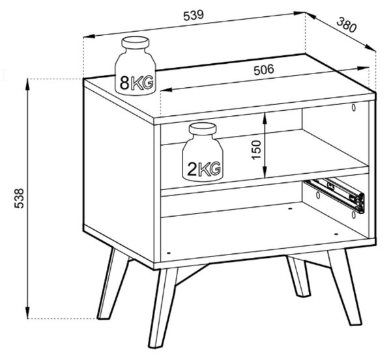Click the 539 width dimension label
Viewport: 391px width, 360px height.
point(194,15)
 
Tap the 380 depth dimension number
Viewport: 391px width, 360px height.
point(347,25)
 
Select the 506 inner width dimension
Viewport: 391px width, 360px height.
point(263,70)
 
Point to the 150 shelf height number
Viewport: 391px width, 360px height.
point(257,150)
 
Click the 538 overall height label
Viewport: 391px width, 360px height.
point(19,199)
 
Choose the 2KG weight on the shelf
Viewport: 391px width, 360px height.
point(203,152)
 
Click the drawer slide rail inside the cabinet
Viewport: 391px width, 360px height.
point(335,195)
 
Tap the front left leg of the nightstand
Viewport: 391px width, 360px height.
point(162,307)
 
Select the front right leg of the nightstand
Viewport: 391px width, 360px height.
point(344,286)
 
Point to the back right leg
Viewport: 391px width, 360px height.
point(298,276)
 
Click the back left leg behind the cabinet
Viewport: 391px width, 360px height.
point(113,284)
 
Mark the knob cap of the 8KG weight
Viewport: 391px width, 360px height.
point(136,42)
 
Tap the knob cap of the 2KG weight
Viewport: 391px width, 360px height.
point(203,129)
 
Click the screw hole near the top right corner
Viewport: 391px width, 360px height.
point(354,107)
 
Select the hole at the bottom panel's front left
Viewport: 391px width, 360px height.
point(168,253)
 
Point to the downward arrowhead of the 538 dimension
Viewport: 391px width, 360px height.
point(27,312)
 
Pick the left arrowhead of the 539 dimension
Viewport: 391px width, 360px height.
point(89,36)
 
